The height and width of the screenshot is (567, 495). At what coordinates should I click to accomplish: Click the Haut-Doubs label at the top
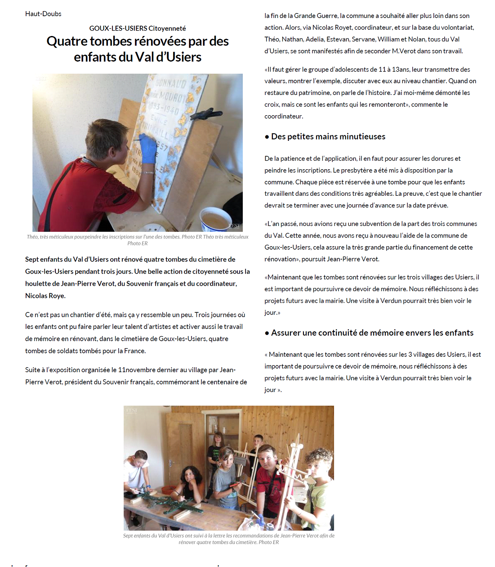(x=43, y=14)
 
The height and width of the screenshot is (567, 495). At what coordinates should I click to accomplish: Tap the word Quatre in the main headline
(x=67, y=41)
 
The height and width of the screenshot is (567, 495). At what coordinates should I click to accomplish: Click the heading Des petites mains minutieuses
(x=328, y=137)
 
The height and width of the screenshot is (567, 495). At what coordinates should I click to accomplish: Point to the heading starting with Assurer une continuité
(x=372, y=333)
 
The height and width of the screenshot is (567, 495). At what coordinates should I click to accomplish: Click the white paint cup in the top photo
(x=215, y=220)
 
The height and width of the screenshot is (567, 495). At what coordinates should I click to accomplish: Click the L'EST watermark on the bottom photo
(x=131, y=410)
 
